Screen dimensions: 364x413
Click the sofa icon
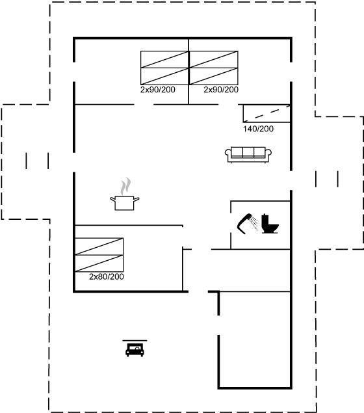[248, 155]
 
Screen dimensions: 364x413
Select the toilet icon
[270, 224]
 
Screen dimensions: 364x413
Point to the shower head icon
[244, 224]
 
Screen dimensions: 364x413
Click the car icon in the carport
[135, 350]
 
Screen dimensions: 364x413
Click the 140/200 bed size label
[258, 129]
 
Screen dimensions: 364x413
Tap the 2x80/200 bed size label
[107, 276]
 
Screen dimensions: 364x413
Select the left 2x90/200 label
[158, 90]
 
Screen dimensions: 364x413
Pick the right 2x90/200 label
[221, 90]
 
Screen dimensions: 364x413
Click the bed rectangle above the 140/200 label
[266, 114]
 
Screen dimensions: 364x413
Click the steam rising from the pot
[126, 186]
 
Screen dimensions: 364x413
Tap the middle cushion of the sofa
[248, 152]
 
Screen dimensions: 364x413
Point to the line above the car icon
[135, 341]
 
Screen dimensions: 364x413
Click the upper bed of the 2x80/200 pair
[99, 246]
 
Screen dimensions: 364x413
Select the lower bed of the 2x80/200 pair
[99, 263]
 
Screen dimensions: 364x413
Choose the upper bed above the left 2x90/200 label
[164, 59]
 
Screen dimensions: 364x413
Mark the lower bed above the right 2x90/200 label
[214, 76]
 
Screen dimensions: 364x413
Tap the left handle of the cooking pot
[113, 200]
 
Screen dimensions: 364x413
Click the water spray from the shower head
[255, 223]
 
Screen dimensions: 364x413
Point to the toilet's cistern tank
[265, 219]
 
